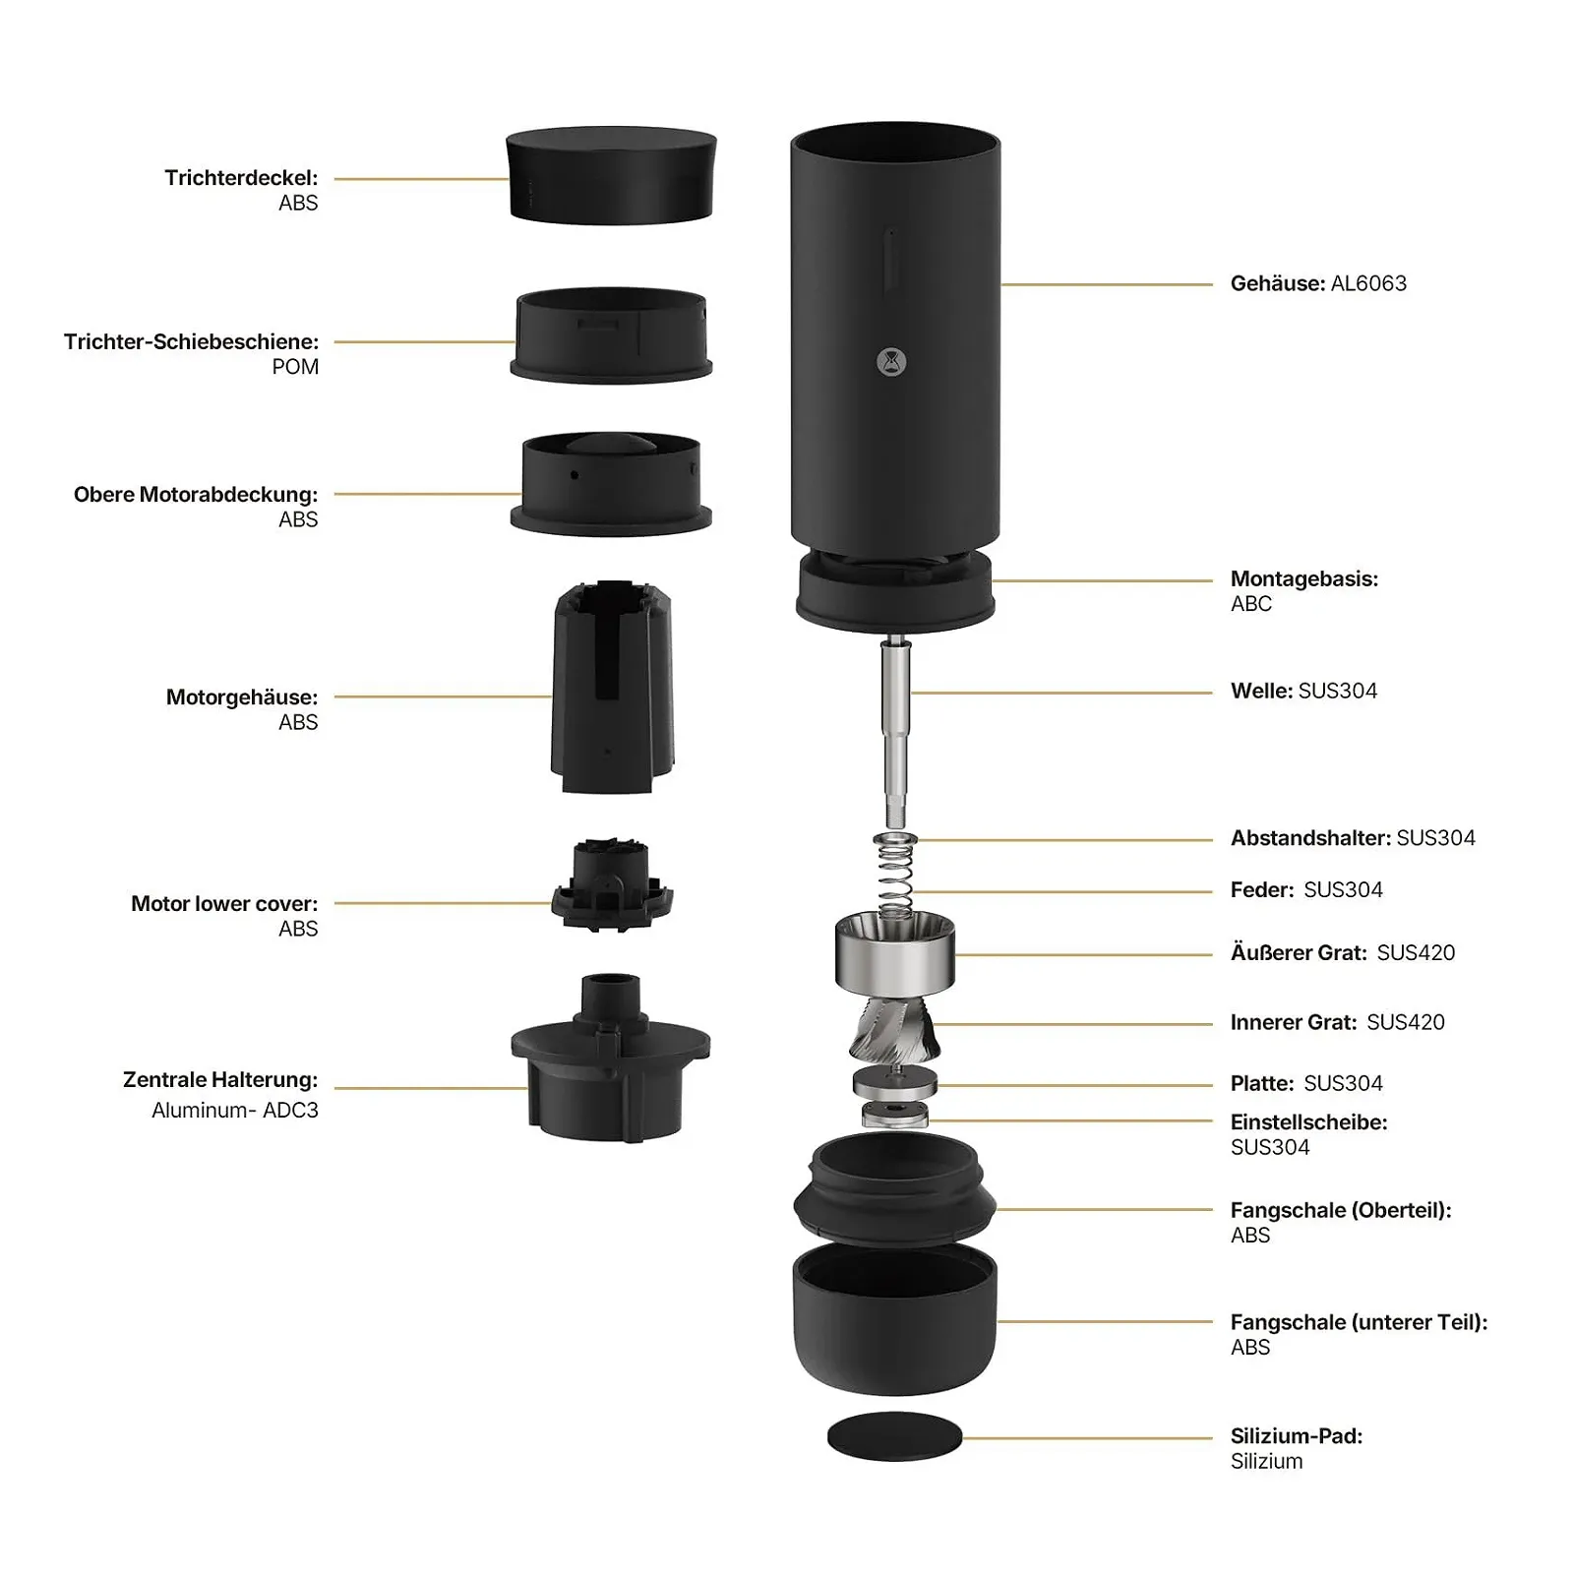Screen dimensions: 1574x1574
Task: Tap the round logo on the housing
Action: click(x=891, y=362)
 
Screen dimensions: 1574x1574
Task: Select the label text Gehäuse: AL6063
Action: click(x=1318, y=283)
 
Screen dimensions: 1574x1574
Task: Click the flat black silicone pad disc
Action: click(x=894, y=1436)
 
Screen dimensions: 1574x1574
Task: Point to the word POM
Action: click(x=295, y=367)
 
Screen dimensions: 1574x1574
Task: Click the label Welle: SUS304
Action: click(x=1303, y=691)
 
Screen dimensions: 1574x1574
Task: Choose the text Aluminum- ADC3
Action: click(x=235, y=1110)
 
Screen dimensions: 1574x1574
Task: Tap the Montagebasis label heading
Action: click(x=1304, y=578)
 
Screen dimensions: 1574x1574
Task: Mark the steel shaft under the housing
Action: click(x=895, y=733)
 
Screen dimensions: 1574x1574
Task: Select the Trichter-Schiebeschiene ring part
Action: click(x=611, y=334)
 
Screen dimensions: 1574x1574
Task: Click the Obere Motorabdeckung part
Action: click(x=611, y=484)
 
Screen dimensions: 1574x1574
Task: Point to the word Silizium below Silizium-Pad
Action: click(x=1266, y=1462)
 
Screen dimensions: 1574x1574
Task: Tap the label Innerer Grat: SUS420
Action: click(x=1337, y=1022)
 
